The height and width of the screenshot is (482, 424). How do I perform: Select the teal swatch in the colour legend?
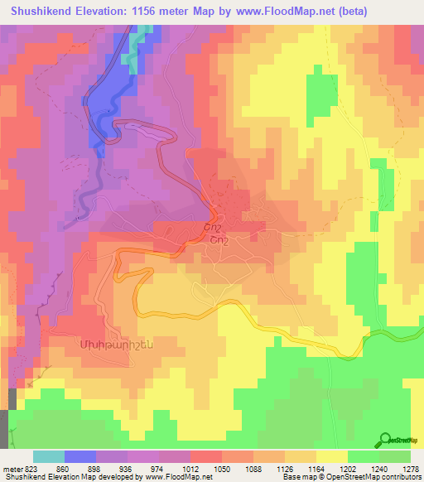coord(49,456)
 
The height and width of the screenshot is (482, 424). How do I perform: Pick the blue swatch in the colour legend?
coord(80,456)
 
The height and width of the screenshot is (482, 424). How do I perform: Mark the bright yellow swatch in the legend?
coord(332,456)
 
